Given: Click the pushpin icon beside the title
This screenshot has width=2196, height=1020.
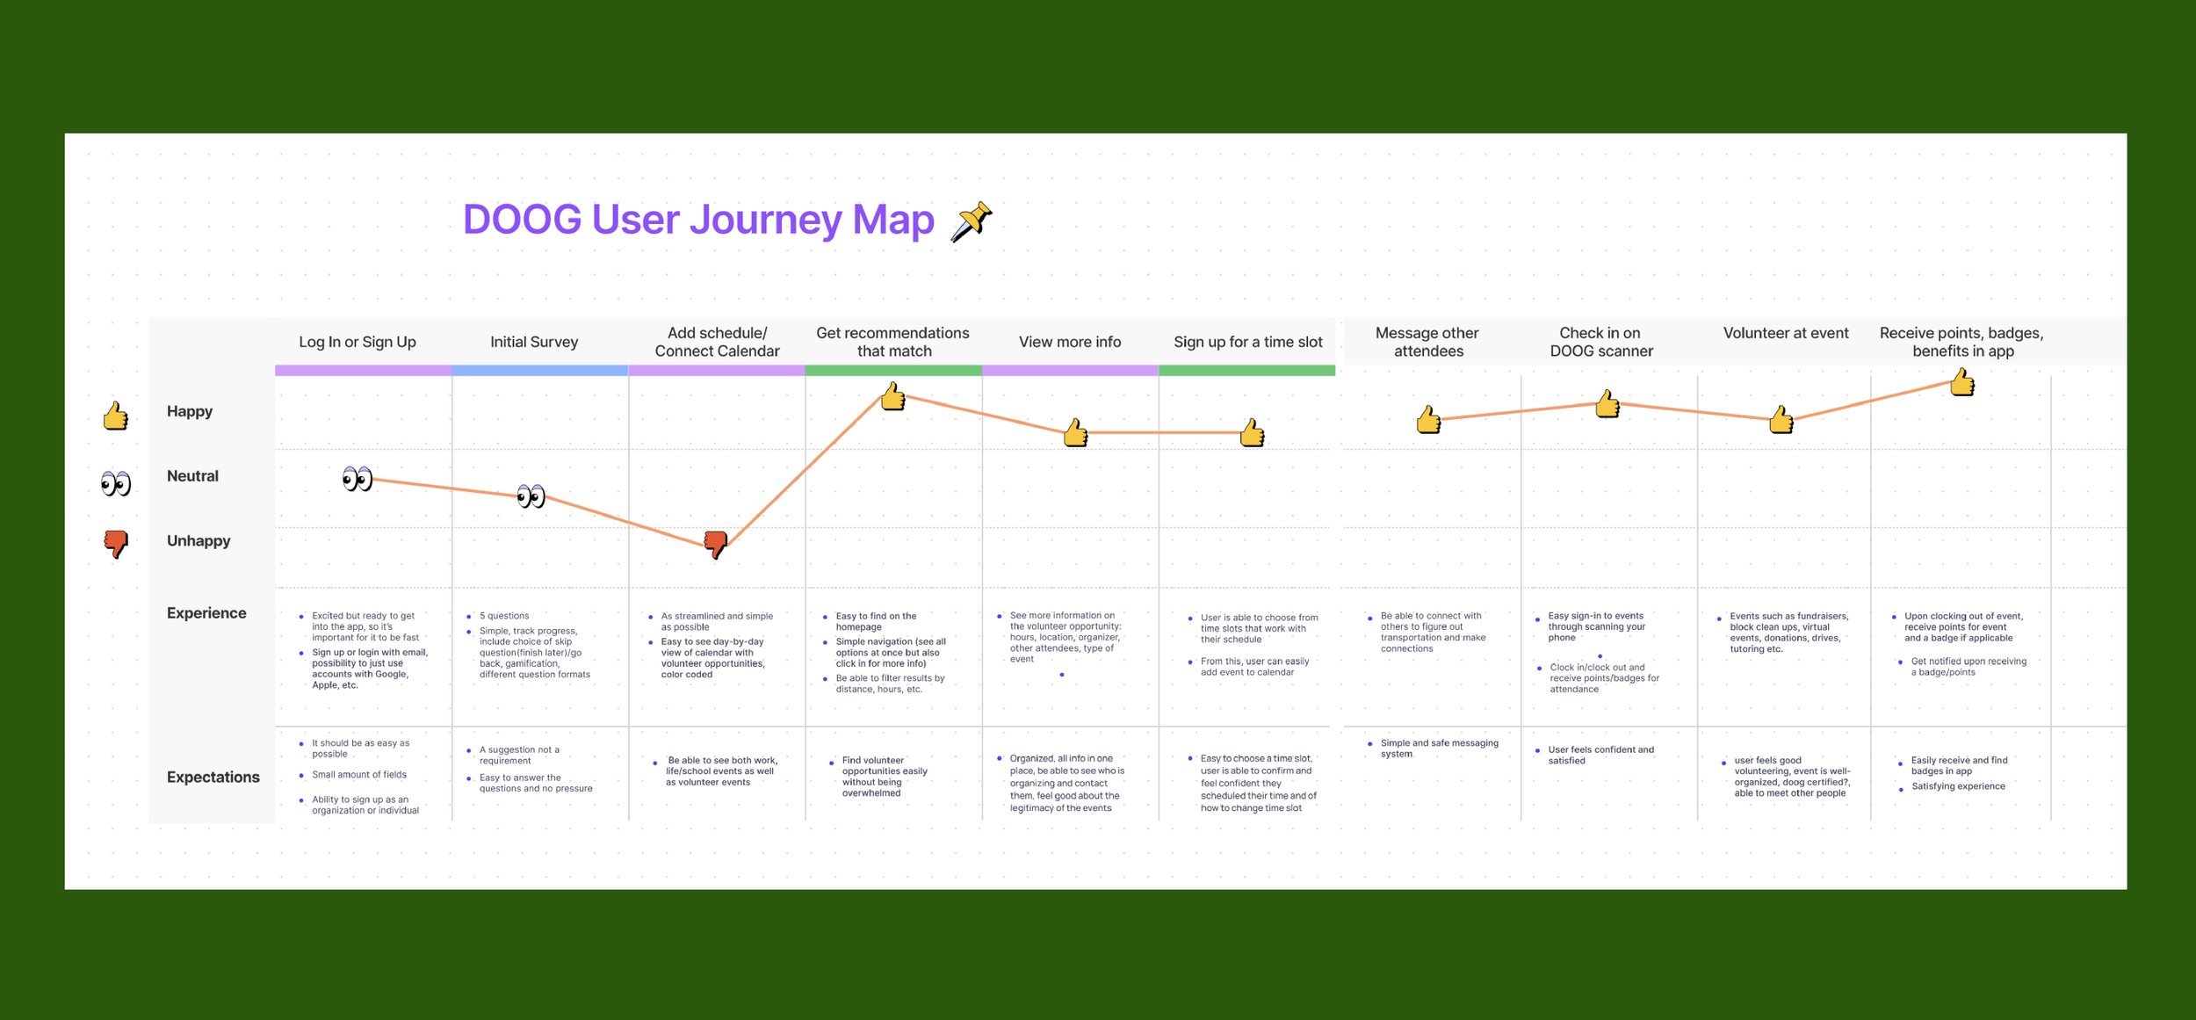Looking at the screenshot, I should [971, 221].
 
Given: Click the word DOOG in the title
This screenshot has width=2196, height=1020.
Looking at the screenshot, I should [522, 220].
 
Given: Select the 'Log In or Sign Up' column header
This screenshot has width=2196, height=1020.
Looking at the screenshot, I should [358, 342].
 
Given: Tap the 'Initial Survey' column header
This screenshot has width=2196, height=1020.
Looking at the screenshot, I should [534, 342].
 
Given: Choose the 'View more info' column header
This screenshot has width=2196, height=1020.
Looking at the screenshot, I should [1070, 342].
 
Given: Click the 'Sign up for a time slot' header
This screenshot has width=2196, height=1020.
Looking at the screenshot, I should [1247, 342].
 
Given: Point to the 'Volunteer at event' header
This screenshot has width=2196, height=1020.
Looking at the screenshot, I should [1786, 333].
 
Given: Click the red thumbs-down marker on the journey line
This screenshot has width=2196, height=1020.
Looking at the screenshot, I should [716, 544].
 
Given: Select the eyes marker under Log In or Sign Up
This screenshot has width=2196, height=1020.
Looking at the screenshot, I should [358, 479].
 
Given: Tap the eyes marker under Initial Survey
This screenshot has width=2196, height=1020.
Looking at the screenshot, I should [531, 496].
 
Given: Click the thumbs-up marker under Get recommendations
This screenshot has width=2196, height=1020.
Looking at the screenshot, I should [893, 397].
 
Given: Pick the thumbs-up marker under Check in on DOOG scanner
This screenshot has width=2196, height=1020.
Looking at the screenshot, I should [1607, 404].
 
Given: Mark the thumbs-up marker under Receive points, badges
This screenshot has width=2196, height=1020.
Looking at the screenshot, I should [1962, 382].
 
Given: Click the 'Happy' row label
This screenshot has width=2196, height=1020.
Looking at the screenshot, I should [190, 411].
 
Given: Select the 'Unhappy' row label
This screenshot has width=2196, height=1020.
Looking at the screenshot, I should [199, 540].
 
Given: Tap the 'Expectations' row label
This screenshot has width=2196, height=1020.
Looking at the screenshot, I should [213, 777].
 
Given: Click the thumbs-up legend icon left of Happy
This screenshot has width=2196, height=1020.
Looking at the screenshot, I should [116, 416].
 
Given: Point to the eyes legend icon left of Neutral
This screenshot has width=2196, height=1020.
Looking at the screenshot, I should [116, 483].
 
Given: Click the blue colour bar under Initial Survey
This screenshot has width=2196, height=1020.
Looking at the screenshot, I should [539, 371].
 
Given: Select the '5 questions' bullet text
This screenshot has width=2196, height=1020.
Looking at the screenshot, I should [504, 616].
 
